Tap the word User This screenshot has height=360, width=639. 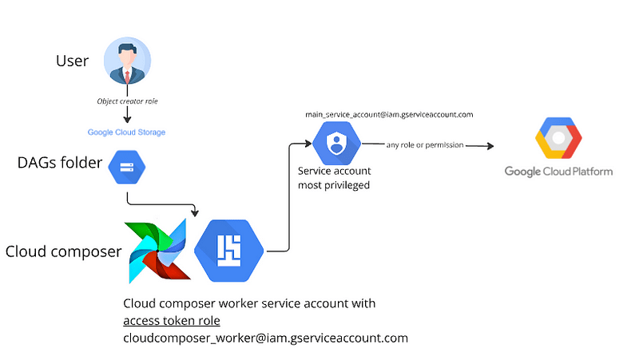[x=72, y=61]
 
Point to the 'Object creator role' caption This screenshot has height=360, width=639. [x=128, y=101]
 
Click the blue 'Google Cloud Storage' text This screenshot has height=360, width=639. [x=127, y=132]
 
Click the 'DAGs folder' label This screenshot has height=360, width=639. [x=60, y=164]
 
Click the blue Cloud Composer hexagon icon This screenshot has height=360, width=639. [x=229, y=251]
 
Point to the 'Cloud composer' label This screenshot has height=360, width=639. [x=63, y=252]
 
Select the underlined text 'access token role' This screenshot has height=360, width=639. [x=171, y=321]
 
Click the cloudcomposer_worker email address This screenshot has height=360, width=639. [x=265, y=338]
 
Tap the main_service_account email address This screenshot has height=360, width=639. [x=389, y=114]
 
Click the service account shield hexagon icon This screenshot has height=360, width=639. [x=336, y=144]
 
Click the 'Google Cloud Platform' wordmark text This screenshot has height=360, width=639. [x=558, y=172]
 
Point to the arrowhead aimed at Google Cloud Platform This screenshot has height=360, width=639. [x=489, y=146]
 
